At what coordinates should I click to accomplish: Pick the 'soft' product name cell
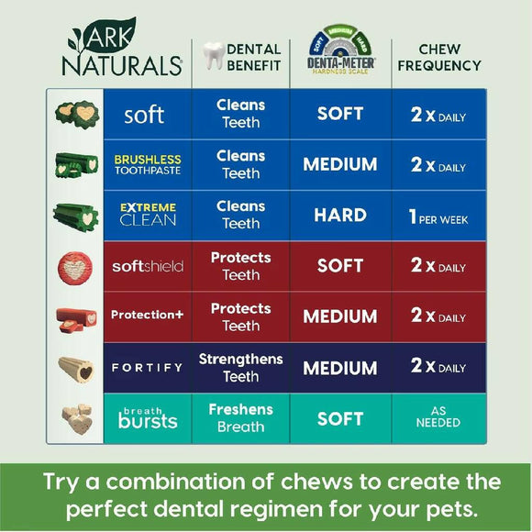point(145,115)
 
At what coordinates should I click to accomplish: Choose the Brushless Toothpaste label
point(147,165)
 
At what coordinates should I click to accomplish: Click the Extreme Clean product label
point(147,215)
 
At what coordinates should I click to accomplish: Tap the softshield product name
point(147,266)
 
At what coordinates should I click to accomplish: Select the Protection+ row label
point(147,316)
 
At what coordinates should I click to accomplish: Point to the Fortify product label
point(147,367)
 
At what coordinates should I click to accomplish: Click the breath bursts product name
point(147,418)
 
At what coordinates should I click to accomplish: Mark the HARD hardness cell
point(340,216)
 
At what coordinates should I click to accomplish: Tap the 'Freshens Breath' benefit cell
point(240,418)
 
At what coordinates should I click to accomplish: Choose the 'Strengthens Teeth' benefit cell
point(240,367)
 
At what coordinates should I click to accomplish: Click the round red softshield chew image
point(75,266)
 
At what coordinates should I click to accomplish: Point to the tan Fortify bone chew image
point(76,368)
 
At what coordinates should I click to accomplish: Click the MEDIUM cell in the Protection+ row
point(340,316)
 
